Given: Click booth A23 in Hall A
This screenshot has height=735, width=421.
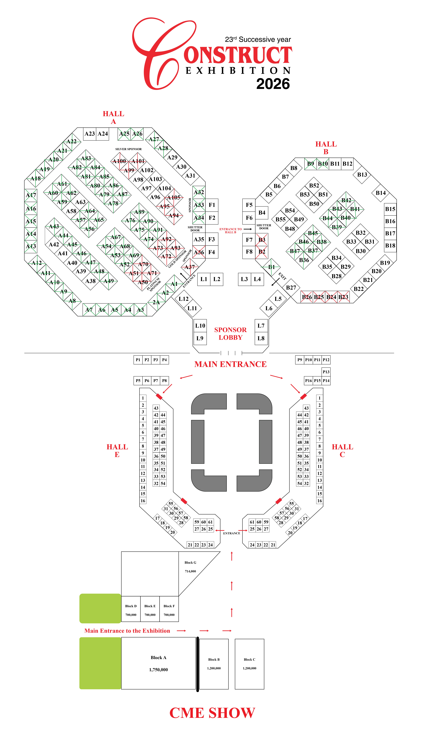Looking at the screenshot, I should pos(90,134).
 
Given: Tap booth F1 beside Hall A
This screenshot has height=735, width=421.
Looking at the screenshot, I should pos(212,205).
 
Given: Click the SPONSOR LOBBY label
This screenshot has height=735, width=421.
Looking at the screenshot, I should pos(230,334).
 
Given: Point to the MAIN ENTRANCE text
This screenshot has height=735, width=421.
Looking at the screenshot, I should pos(230,364).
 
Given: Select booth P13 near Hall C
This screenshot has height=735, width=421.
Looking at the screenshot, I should pos(326,372).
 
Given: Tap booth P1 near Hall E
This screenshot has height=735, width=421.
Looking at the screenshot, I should pos(138,360).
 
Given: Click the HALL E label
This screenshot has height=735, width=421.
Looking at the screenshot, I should pos(117,451).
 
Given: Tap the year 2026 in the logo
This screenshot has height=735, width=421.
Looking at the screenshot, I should pos(273,84).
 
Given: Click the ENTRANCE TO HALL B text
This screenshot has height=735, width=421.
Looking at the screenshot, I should pos(230,231).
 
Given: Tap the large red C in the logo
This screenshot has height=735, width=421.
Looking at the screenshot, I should pos(156,55).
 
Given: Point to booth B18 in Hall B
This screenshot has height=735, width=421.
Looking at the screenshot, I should pos(390,246).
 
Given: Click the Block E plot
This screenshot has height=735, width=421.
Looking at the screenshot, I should pos(150,610).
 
